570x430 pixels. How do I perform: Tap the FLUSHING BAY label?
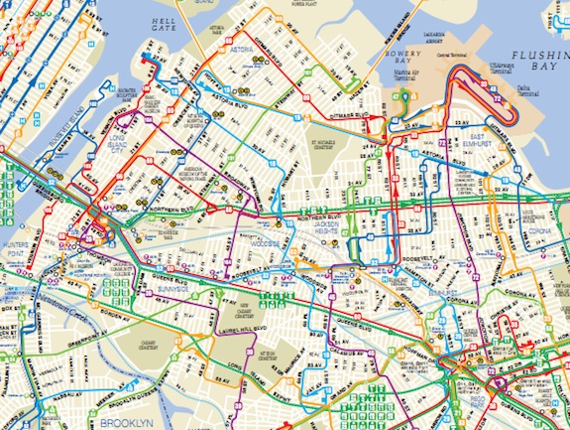coord(533,65)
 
